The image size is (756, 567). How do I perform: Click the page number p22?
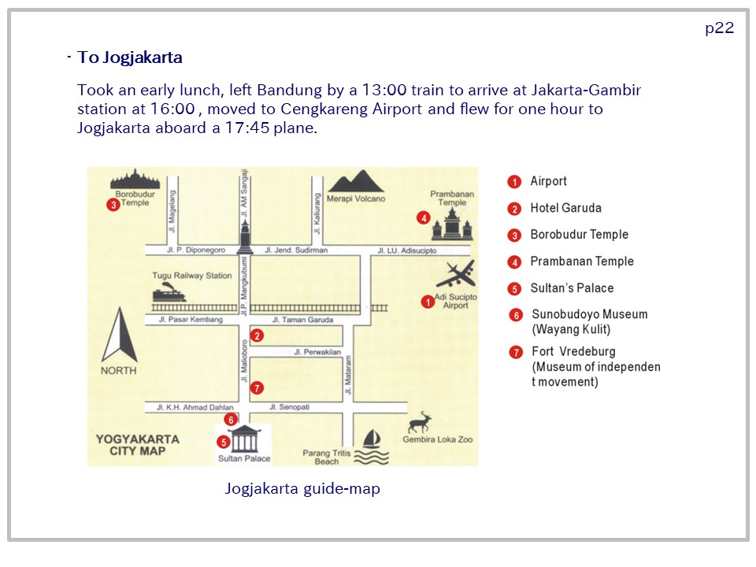719,28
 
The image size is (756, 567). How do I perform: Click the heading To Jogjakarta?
130,57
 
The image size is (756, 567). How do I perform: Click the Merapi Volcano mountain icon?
356,181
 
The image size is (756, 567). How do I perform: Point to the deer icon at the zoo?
420,422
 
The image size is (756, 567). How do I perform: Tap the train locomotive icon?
169,292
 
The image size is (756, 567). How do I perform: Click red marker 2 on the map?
257,335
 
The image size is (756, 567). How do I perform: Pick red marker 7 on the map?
257,387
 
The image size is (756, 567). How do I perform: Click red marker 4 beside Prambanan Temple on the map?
424,218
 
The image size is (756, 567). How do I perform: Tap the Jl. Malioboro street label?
244,361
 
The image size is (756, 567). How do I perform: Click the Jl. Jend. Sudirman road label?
296,250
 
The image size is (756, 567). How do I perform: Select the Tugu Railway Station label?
192,276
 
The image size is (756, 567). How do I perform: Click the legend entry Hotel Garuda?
566,208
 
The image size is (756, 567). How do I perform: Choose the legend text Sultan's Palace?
572,288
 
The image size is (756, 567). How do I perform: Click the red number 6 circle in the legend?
516,315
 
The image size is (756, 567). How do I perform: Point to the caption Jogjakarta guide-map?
302,489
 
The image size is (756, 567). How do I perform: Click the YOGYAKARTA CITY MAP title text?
137,445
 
